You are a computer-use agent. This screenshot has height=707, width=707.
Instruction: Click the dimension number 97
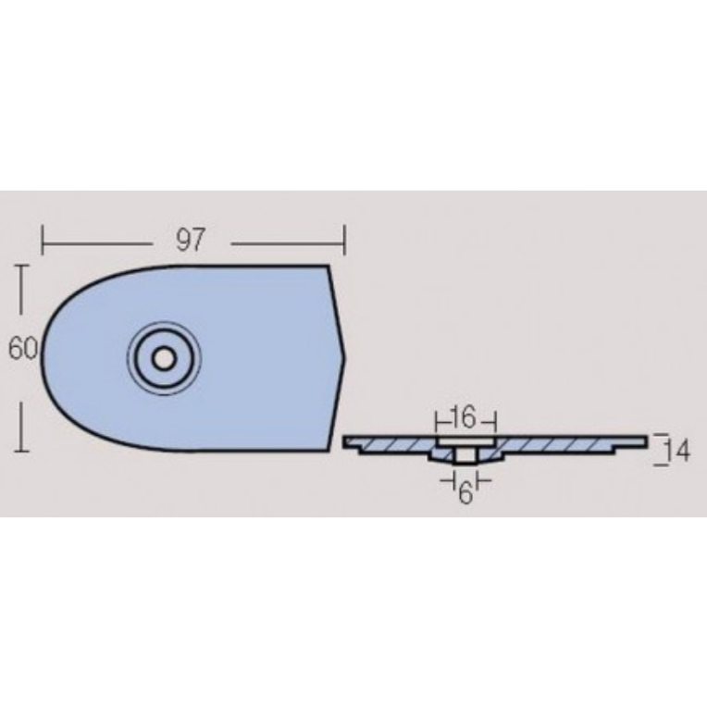191,240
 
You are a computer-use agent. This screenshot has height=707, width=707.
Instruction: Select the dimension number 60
23,349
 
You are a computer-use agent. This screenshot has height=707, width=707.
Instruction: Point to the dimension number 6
465,493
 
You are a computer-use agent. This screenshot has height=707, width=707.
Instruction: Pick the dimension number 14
677,451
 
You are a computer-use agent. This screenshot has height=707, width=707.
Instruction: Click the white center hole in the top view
164,359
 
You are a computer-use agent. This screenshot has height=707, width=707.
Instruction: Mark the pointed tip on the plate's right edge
345,353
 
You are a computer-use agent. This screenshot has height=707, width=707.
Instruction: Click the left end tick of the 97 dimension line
43,241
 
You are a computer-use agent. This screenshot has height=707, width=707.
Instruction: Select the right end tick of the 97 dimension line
344,241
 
